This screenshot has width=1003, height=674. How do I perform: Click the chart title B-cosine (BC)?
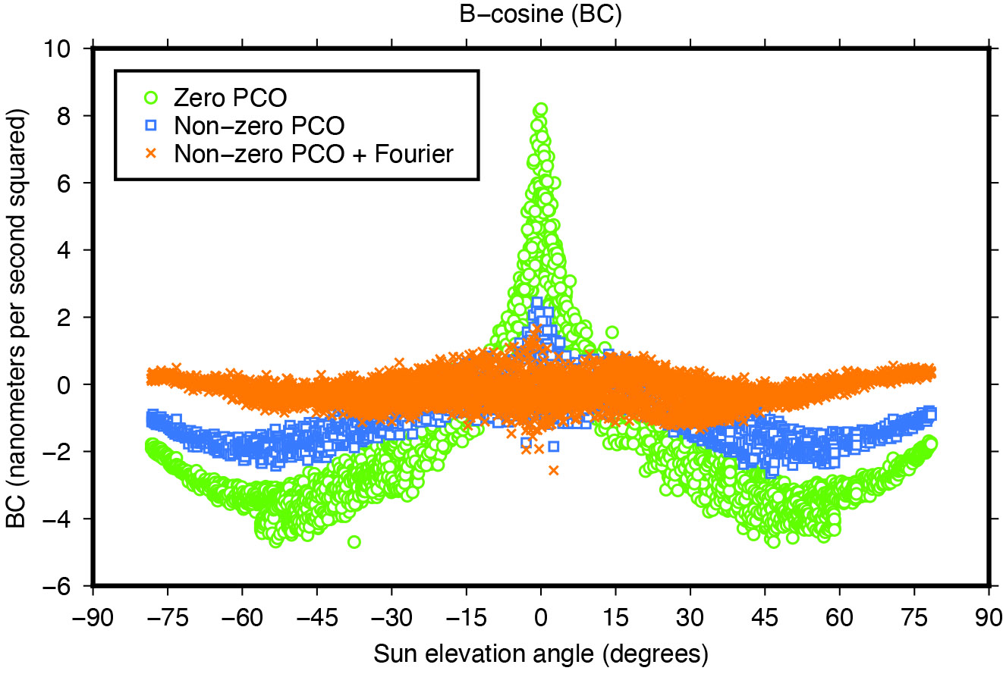click(x=540, y=14)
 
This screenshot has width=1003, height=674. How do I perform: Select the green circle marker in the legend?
click(x=152, y=97)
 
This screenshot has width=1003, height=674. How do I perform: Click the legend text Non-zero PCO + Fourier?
click(x=313, y=153)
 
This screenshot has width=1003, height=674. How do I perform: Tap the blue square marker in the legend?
click(x=152, y=125)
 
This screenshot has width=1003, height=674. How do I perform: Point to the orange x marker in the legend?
click(x=152, y=153)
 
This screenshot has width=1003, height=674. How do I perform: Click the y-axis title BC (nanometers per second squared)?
click(x=17, y=317)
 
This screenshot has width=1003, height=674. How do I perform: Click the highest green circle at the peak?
click(x=541, y=110)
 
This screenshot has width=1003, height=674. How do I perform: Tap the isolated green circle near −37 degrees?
click(x=354, y=541)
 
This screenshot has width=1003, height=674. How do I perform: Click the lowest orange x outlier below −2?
click(x=553, y=470)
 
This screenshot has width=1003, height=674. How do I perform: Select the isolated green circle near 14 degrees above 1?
click(x=612, y=332)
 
